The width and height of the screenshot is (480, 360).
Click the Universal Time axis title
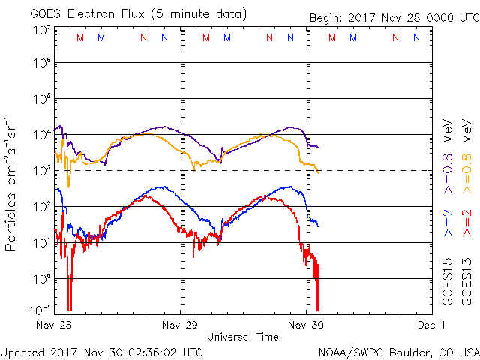[243, 337]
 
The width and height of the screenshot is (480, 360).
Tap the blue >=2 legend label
[446, 224]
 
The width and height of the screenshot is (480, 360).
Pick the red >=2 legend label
[465, 224]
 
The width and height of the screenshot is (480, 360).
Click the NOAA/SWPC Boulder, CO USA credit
[398, 352]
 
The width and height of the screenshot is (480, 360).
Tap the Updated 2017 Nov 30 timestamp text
[102, 352]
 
